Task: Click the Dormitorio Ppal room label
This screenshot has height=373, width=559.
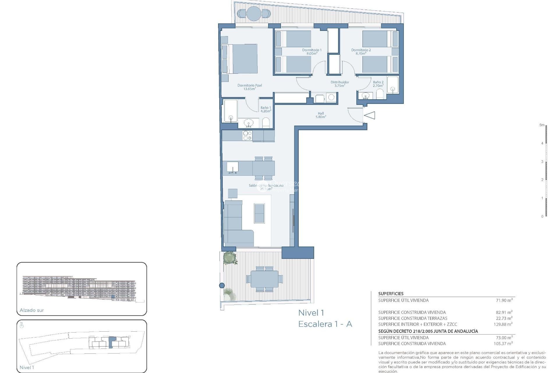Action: click(250, 87)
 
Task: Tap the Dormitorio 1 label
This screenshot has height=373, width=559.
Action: click(312, 52)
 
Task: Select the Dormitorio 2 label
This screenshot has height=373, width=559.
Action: click(361, 52)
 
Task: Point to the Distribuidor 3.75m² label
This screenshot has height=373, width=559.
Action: click(339, 84)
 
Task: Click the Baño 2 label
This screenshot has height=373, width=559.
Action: click(378, 84)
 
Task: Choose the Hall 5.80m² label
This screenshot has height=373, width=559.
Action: click(321, 115)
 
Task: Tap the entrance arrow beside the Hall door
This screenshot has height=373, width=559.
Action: click(370, 115)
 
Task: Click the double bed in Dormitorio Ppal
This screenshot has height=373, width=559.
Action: click(242, 59)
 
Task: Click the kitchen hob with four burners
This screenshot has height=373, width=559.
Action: click(247, 136)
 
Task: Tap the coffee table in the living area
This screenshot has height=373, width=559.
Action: click(259, 213)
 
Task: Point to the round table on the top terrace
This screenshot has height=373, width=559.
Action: click(254, 13)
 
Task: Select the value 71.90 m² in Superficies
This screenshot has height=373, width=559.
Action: click(504, 300)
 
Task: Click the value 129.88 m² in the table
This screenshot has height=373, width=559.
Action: click(503, 324)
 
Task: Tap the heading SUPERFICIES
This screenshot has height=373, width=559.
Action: click(391, 294)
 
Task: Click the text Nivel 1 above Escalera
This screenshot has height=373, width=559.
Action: click(311, 313)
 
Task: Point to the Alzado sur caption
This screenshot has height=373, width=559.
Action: click(32, 310)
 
